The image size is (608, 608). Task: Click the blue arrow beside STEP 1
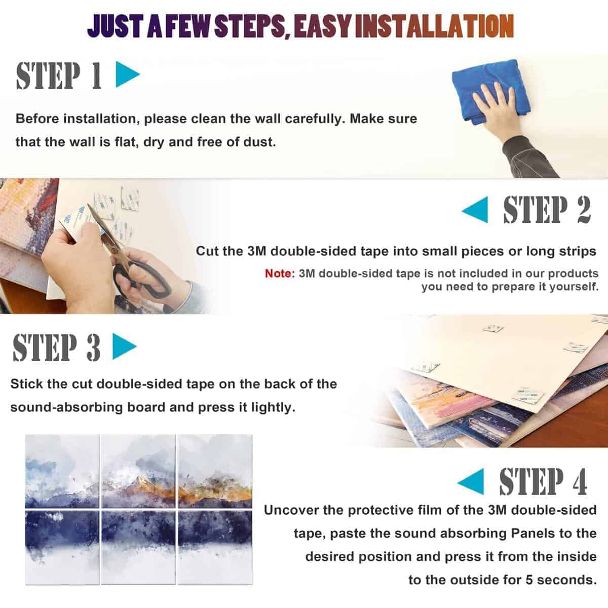point(128,74)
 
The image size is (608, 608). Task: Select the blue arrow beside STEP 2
point(475,210)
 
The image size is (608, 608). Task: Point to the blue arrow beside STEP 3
point(124,347)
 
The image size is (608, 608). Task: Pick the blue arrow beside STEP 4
point(471,481)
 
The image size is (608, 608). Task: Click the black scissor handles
point(143,278)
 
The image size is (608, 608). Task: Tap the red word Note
point(280,273)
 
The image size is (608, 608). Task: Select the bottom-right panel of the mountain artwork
point(215,547)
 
